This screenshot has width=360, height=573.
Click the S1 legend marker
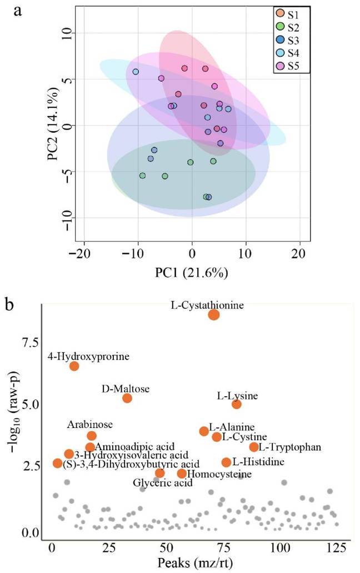[279, 14]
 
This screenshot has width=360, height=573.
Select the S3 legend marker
[279, 40]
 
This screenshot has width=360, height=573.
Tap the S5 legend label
[293, 66]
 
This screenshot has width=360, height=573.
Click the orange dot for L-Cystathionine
[214, 315]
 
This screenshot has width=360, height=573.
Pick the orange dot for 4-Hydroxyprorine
[74, 366]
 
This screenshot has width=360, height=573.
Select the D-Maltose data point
[127, 398]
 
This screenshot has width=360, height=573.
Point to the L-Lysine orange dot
[237, 404]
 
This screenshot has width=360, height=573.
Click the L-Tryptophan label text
[290, 447]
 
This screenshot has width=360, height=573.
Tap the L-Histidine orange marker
[226, 462]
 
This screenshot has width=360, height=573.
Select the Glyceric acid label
[162, 483]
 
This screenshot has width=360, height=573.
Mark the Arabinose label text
[90, 424]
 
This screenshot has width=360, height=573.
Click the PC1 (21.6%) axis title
[192, 272]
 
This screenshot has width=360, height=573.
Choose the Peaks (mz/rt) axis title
[195, 562]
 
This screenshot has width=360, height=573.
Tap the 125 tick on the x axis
[337, 547]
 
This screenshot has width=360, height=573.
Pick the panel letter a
[17, 11]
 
